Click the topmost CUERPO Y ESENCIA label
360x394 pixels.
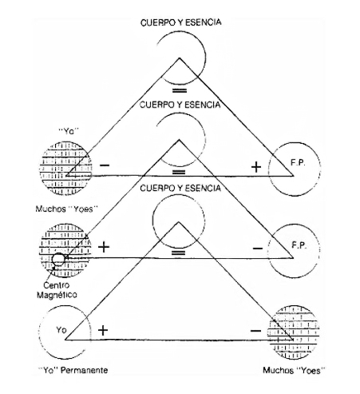coord(180,22)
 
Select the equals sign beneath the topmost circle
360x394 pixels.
coord(180,91)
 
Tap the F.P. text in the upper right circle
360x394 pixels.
coord(298,163)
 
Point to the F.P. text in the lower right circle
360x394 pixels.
coord(299,245)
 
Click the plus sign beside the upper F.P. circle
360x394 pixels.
coord(256,167)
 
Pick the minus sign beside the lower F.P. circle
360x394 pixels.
coord(258,249)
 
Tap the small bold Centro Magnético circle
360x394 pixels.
coord(58,259)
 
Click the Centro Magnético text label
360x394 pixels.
coord(57,290)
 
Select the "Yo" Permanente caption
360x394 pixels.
coord(73,370)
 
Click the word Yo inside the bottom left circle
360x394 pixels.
coord(61,330)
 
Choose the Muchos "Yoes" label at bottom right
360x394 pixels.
coord(294,370)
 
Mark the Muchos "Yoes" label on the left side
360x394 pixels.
coord(67,209)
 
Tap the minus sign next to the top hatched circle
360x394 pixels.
coord(105,165)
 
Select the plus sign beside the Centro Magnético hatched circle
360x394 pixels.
coord(104,247)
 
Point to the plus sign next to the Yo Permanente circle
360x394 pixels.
coord(103,331)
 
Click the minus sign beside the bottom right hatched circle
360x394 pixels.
coord(255,331)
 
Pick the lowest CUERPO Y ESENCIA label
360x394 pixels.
coord(180,189)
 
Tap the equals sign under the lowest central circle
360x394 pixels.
coord(179,253)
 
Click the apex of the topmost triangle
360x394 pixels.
coord(180,58)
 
